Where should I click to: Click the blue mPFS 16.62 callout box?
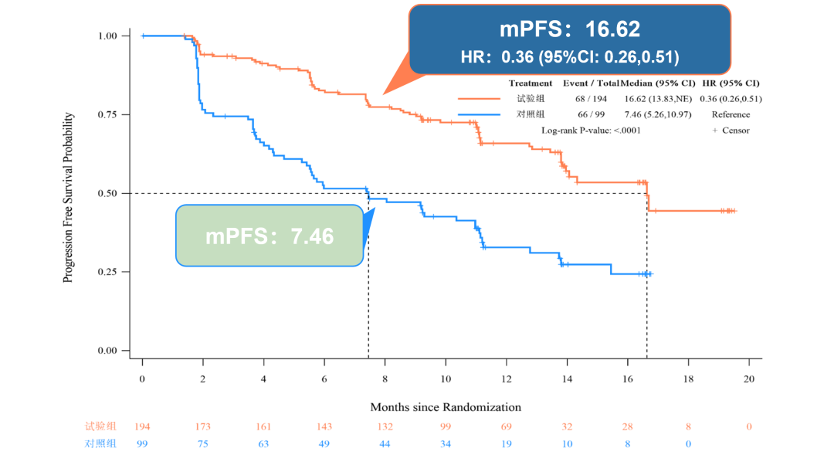[570, 39]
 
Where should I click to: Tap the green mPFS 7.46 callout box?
[270, 236]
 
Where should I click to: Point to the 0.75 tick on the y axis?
[107, 114]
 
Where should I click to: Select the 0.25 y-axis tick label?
[107, 272]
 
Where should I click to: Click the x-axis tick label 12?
[506, 379]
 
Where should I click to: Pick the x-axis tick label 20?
[748, 379]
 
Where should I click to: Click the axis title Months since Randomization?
[446, 407]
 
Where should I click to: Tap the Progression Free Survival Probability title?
[69, 198]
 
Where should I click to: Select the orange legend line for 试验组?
[480, 99]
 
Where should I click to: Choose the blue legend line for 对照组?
[480, 114]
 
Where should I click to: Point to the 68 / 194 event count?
[592, 99]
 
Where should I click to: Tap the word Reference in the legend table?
[731, 114]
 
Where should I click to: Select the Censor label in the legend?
[734, 130]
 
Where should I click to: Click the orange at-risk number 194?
[142, 426]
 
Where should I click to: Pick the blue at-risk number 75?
[203, 443]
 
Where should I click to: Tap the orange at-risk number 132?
[385, 426]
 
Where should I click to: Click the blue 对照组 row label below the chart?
[100, 443]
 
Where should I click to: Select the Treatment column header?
[531, 83]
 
